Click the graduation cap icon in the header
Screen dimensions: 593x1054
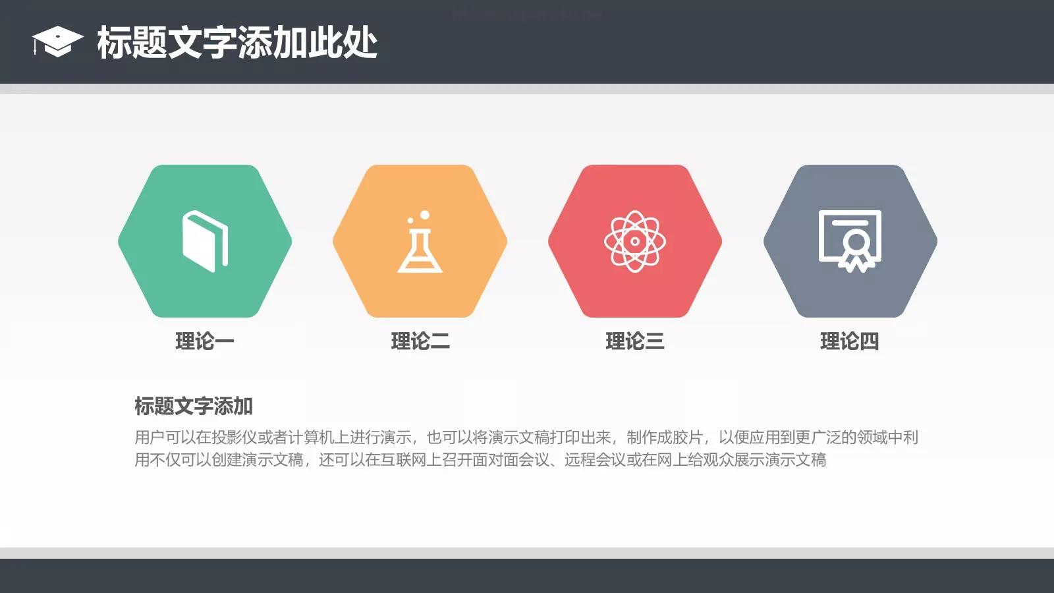(x=57, y=42)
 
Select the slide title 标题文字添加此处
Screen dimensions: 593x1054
(x=237, y=43)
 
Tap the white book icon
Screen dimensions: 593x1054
(x=205, y=241)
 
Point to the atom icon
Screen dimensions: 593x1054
(x=635, y=241)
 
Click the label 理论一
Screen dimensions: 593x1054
(x=205, y=341)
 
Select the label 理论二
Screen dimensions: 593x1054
(x=420, y=341)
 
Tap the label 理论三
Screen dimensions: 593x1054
(x=635, y=341)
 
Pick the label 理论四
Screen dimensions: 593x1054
(x=850, y=341)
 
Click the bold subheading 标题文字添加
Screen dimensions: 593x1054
(x=194, y=406)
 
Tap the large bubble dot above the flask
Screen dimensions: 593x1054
(x=425, y=215)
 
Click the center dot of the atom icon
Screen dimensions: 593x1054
(x=635, y=241)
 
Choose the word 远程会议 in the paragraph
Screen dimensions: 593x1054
(x=595, y=460)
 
